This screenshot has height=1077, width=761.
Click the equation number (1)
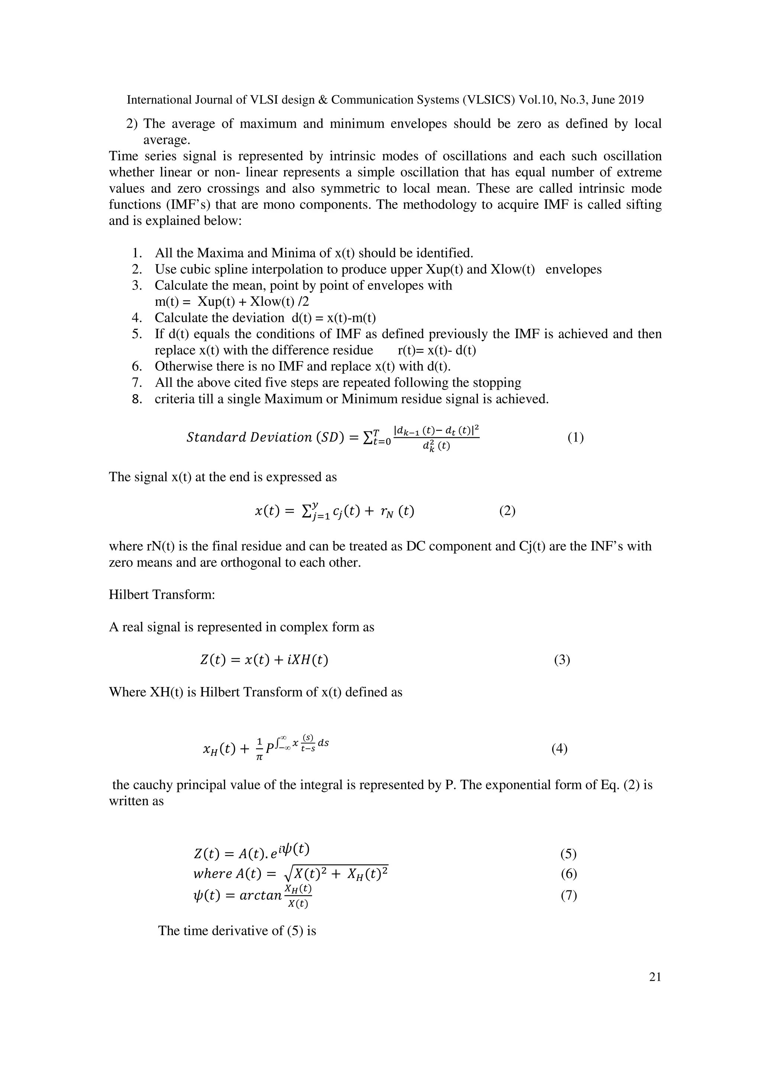click(575, 438)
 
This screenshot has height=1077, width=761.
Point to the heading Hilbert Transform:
click(162, 595)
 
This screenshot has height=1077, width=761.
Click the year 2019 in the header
click(631, 100)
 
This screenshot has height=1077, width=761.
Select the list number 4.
click(136, 318)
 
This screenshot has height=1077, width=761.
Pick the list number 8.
click(136, 399)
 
